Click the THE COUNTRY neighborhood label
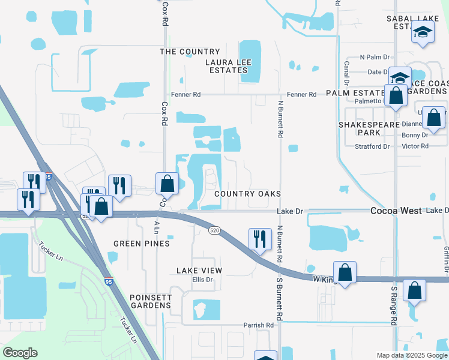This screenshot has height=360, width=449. click(190, 52)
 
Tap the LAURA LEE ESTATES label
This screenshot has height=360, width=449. click(226, 66)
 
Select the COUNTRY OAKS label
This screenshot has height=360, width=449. click(247, 194)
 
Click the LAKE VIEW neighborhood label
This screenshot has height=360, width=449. click(199, 271)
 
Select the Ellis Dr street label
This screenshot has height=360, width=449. click(203, 280)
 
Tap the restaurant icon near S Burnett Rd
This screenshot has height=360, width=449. click(258, 239)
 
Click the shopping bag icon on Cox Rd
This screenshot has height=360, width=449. click(167, 183)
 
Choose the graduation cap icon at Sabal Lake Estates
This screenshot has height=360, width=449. click(423, 31)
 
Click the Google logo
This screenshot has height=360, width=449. click(20, 353)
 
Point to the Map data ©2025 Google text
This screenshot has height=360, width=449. click(411, 355)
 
